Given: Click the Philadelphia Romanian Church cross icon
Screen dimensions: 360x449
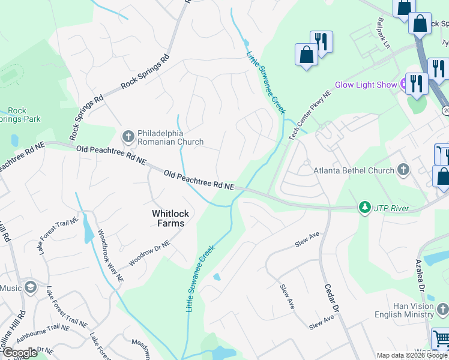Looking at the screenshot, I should (x=128, y=137).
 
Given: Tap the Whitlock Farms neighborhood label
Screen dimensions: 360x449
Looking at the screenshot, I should (x=167, y=218).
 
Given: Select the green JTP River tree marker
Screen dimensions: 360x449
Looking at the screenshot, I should (x=364, y=208).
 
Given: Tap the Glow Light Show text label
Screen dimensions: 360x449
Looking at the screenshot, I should (x=366, y=85).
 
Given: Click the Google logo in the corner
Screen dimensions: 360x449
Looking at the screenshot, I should (x=19, y=353).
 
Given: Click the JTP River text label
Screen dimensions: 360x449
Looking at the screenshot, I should (x=392, y=208).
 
